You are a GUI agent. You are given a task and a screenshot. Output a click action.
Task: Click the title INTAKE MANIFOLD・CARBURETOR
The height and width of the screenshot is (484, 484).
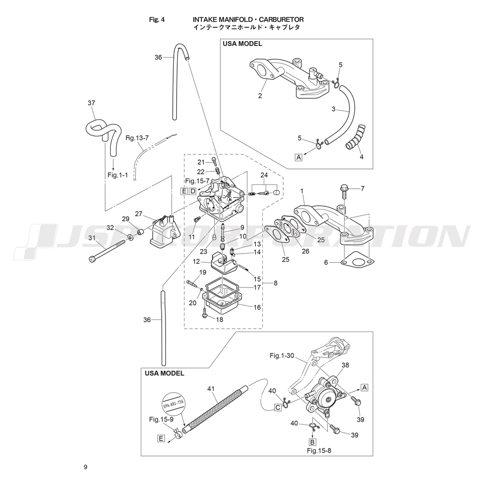coord(248,19)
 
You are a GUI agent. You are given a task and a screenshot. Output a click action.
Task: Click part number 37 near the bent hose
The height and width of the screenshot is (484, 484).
coord(91,103)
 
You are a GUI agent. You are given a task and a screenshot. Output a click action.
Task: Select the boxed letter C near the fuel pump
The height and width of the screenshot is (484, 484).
coord(278,408)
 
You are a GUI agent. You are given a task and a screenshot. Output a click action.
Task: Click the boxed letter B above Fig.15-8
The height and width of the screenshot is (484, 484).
coord(312,442)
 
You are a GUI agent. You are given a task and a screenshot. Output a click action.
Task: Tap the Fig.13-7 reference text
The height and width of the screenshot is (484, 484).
coord(137,138)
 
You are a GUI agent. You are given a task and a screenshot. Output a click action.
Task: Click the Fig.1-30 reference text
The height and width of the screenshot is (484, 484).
coord(282,356)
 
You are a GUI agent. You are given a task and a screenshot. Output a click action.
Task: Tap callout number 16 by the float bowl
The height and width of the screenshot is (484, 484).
coord(257,307)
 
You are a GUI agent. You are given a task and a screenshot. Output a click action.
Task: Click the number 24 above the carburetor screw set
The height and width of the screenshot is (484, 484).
coord(264,174)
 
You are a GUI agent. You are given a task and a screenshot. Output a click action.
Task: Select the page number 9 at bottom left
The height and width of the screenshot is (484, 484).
coord(85,467)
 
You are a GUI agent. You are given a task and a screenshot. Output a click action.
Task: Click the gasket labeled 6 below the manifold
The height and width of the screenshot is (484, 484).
coord(357,262)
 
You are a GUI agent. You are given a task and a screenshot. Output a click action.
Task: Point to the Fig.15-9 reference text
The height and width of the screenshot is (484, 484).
coord(161,419)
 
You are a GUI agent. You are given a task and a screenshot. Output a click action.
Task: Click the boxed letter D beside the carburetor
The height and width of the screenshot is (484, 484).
coord(192,191)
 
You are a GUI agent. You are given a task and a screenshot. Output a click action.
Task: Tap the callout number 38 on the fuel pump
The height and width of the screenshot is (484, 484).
coord(345,366)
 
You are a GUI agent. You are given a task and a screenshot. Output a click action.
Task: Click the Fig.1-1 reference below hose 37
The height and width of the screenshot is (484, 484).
coord(118,175)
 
